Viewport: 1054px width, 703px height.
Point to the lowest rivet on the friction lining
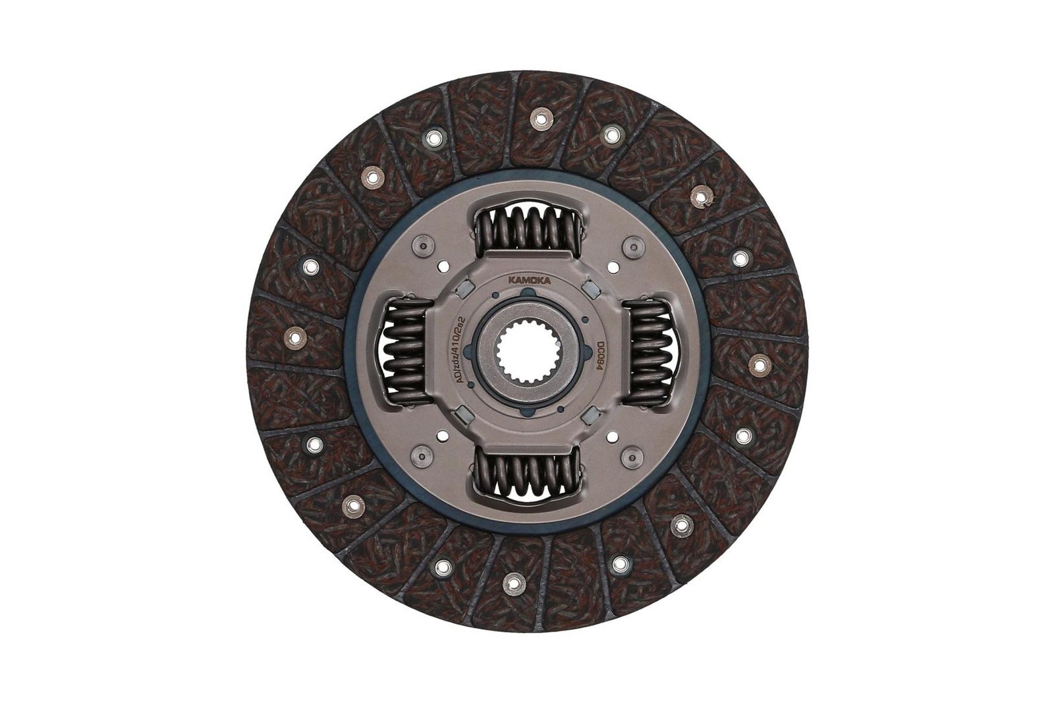[x=512, y=580]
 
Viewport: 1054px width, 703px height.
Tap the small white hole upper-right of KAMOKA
[x=614, y=267]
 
